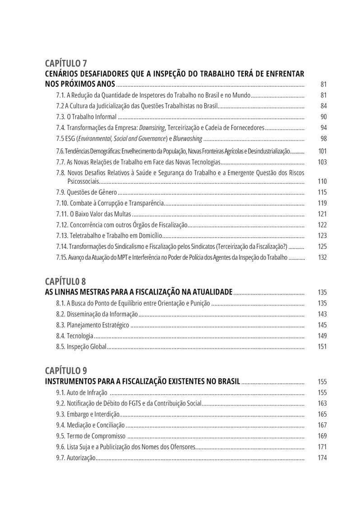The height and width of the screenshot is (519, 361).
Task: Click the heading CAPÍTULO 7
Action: (x=66, y=63)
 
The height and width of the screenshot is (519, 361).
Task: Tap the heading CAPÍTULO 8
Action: (x=66, y=282)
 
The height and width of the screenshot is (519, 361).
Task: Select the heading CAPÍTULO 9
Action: (x=66, y=370)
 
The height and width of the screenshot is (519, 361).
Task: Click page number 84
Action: (x=323, y=106)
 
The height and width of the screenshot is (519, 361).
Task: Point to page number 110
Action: (x=322, y=182)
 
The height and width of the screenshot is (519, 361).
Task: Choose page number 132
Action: (x=322, y=257)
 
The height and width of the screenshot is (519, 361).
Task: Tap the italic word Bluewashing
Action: (x=187, y=139)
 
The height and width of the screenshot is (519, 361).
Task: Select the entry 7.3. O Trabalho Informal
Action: (x=86, y=117)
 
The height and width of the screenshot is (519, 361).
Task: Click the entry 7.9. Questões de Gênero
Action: (x=87, y=192)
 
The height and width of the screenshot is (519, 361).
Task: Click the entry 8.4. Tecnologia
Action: (x=75, y=336)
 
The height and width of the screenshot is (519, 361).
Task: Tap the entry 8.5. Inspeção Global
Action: (x=81, y=347)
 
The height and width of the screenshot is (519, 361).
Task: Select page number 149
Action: (x=322, y=336)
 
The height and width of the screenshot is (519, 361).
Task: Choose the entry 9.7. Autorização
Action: (x=76, y=458)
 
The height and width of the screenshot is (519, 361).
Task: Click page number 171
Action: (x=322, y=447)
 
